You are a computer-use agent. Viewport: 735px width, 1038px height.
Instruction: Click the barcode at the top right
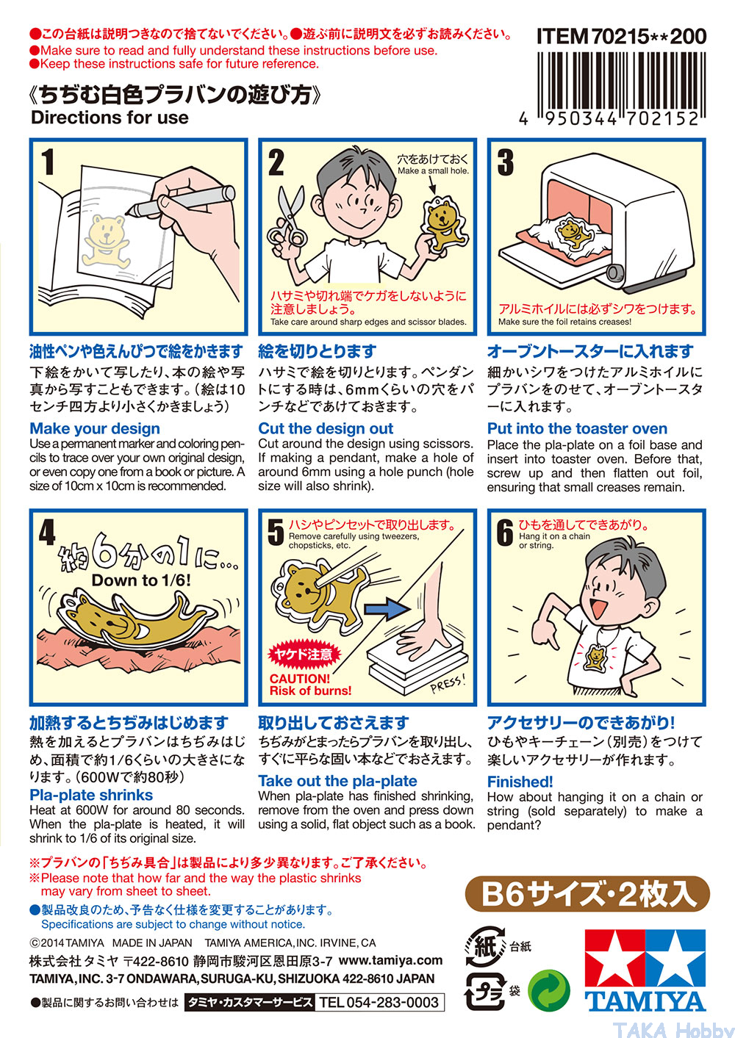pyautogui.click(x=621, y=84)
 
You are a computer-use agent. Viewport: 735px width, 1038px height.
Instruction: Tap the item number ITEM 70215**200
pyautogui.click(x=621, y=36)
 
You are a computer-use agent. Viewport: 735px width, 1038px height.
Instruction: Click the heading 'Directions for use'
pyautogui.click(x=110, y=118)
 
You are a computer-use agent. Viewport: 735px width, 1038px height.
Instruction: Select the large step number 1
pyautogui.click(x=48, y=162)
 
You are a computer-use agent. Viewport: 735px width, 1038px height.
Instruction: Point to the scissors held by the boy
pyautogui.click(x=288, y=217)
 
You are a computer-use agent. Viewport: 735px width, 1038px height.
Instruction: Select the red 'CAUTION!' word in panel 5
pyautogui.click(x=300, y=678)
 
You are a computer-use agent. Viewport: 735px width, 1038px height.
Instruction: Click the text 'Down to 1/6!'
pyautogui.click(x=141, y=580)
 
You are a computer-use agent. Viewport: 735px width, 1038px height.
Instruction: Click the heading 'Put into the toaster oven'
pyautogui.click(x=577, y=428)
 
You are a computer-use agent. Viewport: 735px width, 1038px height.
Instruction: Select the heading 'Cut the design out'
pyautogui.click(x=326, y=428)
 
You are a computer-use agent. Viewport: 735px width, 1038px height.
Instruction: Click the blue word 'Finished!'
pyautogui.click(x=520, y=782)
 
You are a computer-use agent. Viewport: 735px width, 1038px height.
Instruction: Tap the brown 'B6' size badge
pyautogui.click(x=587, y=894)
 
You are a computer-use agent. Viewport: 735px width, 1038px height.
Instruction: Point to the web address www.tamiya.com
pyautogui.click(x=390, y=959)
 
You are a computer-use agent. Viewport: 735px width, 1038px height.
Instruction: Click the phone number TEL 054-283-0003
pyautogui.click(x=379, y=1002)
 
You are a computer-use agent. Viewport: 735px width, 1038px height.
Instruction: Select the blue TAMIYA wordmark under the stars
pyautogui.click(x=645, y=1001)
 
